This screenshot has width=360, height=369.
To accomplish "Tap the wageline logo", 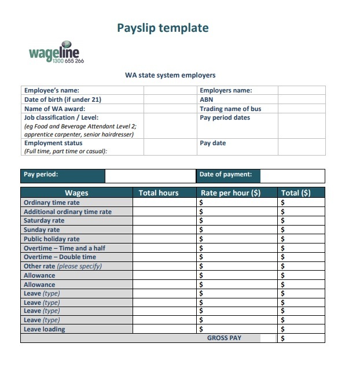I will coord(56,54).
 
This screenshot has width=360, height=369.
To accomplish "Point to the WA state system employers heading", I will coord(170,75).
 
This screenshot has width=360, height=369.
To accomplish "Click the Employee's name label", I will coord(52,90).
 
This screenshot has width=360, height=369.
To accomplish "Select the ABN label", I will coord(207,99).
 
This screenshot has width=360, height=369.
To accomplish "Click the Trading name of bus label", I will coord(230,109).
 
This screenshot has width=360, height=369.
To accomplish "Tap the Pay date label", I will coord(212,143).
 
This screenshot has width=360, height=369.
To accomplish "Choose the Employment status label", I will coord(53,143).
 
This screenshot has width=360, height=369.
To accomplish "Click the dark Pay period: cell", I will coord(63,175).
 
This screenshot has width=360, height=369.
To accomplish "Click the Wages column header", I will coord(76,193).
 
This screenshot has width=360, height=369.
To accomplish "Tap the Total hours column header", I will coord(159,193).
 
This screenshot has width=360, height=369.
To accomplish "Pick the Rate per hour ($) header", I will coord(230,193).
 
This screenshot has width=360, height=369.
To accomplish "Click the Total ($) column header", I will coord(295,193).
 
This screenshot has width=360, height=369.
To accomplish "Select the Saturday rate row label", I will coord(44,221).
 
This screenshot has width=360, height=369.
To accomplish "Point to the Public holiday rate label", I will coord(52,239).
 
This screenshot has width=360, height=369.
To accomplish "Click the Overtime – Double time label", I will coord(60,257).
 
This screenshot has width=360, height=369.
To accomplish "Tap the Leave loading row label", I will coord(45,330).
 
